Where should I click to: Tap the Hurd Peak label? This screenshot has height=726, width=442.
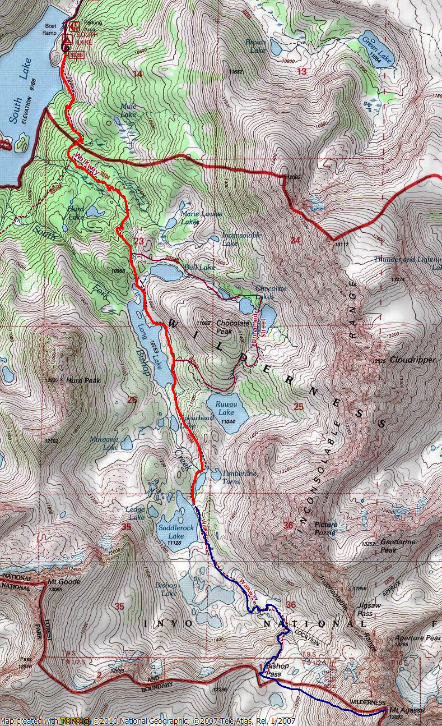click(x=82, y=380)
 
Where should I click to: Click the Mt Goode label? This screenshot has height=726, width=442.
click(x=64, y=582)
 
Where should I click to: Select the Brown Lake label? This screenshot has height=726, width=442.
click(x=255, y=46)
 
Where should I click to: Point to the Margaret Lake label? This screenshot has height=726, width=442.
click(x=104, y=443)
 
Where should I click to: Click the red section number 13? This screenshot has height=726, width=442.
click(x=301, y=71)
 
